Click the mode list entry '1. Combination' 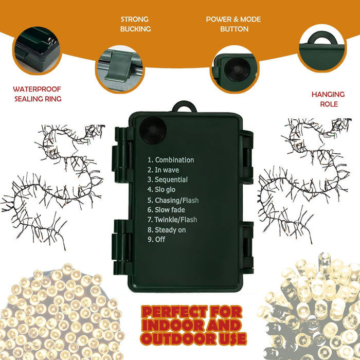171,160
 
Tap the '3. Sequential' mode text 168,179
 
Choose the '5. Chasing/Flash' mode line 173,200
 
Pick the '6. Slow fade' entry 166,210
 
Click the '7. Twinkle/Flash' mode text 172,220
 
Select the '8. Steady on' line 167,230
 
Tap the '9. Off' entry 156,239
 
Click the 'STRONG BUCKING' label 135,24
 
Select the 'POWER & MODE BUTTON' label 233,24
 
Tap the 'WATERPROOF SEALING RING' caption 38,94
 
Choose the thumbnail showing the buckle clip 120,68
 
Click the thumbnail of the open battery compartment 36,50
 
